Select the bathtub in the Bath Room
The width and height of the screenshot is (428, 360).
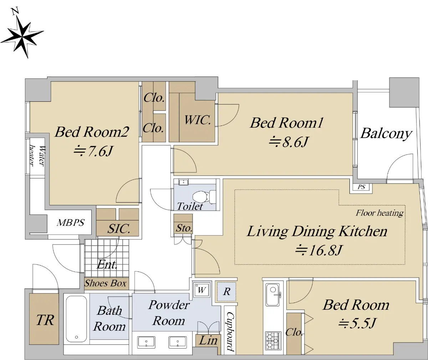pos(76,319)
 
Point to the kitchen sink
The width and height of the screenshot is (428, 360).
pos(273,294)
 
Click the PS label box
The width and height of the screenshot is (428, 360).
pos(361,187)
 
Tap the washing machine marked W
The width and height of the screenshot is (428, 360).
pos(202,290)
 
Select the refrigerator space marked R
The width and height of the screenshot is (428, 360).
pos(226,291)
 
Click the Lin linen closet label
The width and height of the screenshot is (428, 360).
pos(208,340)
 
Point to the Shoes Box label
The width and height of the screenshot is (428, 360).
pos(105,283)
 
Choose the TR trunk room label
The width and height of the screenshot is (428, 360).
pos(45,320)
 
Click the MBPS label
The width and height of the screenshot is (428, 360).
pos(71,222)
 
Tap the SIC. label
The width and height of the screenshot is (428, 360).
pos(119,228)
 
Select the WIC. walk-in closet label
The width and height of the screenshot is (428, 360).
pos(197,120)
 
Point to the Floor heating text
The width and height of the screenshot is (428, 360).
pos(379,213)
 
